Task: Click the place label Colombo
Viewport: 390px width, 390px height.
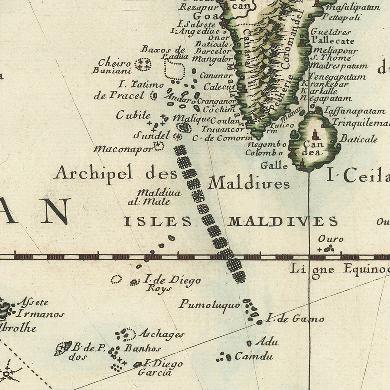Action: coord(264,153)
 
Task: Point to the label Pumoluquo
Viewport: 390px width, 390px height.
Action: coord(209,305)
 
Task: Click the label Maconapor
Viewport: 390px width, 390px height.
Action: coord(123,149)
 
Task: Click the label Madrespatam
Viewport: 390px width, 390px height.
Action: coord(339,66)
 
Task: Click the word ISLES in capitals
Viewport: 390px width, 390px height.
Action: coord(158,221)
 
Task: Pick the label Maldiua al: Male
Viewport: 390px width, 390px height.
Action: coord(154,197)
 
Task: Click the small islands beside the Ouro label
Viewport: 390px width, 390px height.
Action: coord(328,249)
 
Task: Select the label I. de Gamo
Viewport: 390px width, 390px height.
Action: coord(295,319)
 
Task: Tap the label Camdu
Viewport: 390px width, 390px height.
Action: coord(253,357)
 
